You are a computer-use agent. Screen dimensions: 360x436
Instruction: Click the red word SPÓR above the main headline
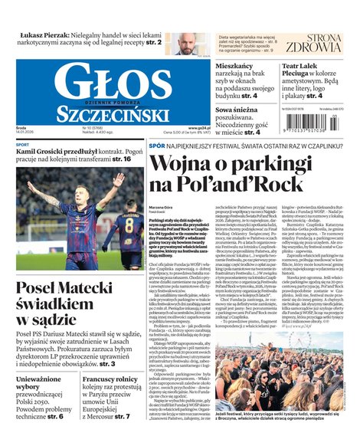pos(156,143)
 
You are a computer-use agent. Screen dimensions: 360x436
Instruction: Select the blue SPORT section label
pos(23,144)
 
